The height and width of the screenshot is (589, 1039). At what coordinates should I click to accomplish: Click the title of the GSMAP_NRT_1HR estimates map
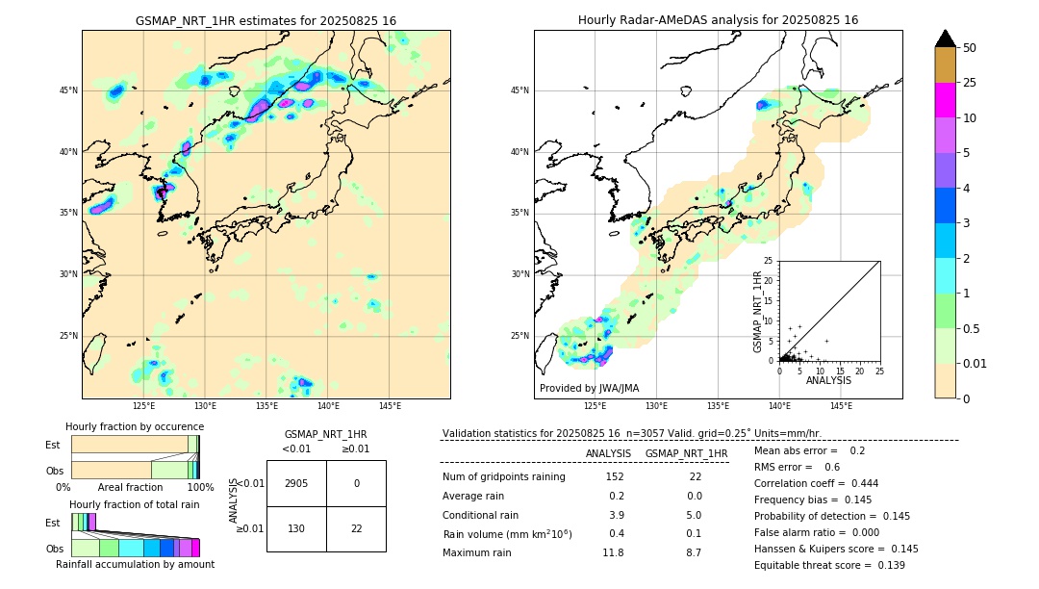(x=266, y=20)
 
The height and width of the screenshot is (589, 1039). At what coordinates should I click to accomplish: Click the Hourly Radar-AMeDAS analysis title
(x=718, y=20)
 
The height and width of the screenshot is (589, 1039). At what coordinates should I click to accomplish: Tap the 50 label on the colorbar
(x=970, y=48)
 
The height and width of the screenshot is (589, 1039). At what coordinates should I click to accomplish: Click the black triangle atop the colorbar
(x=946, y=38)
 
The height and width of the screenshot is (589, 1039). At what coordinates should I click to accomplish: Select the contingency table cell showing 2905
(x=296, y=483)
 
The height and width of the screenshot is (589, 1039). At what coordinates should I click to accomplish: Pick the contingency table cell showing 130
(x=296, y=529)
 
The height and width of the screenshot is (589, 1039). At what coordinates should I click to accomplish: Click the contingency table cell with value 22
(x=356, y=529)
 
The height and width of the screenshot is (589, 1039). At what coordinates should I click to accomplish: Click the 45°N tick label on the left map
(x=68, y=90)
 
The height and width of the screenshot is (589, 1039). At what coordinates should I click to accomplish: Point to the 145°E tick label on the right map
(x=841, y=406)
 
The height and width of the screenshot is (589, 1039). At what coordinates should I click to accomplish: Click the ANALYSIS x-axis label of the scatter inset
(x=828, y=380)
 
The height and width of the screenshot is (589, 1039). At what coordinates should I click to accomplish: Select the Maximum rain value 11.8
(x=613, y=552)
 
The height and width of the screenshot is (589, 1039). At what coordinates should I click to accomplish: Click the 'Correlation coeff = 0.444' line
(x=816, y=483)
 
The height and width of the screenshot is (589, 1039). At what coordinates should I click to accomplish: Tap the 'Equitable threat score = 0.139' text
(x=829, y=565)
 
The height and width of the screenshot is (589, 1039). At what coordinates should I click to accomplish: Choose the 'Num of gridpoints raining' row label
(x=503, y=477)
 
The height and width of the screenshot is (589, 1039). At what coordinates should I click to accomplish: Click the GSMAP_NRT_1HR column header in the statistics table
(x=686, y=453)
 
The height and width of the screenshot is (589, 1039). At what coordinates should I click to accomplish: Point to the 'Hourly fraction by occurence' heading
(x=135, y=426)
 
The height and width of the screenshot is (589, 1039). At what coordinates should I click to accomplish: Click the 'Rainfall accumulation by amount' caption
(x=135, y=564)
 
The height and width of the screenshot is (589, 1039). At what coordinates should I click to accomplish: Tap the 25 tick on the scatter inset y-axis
(x=769, y=261)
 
